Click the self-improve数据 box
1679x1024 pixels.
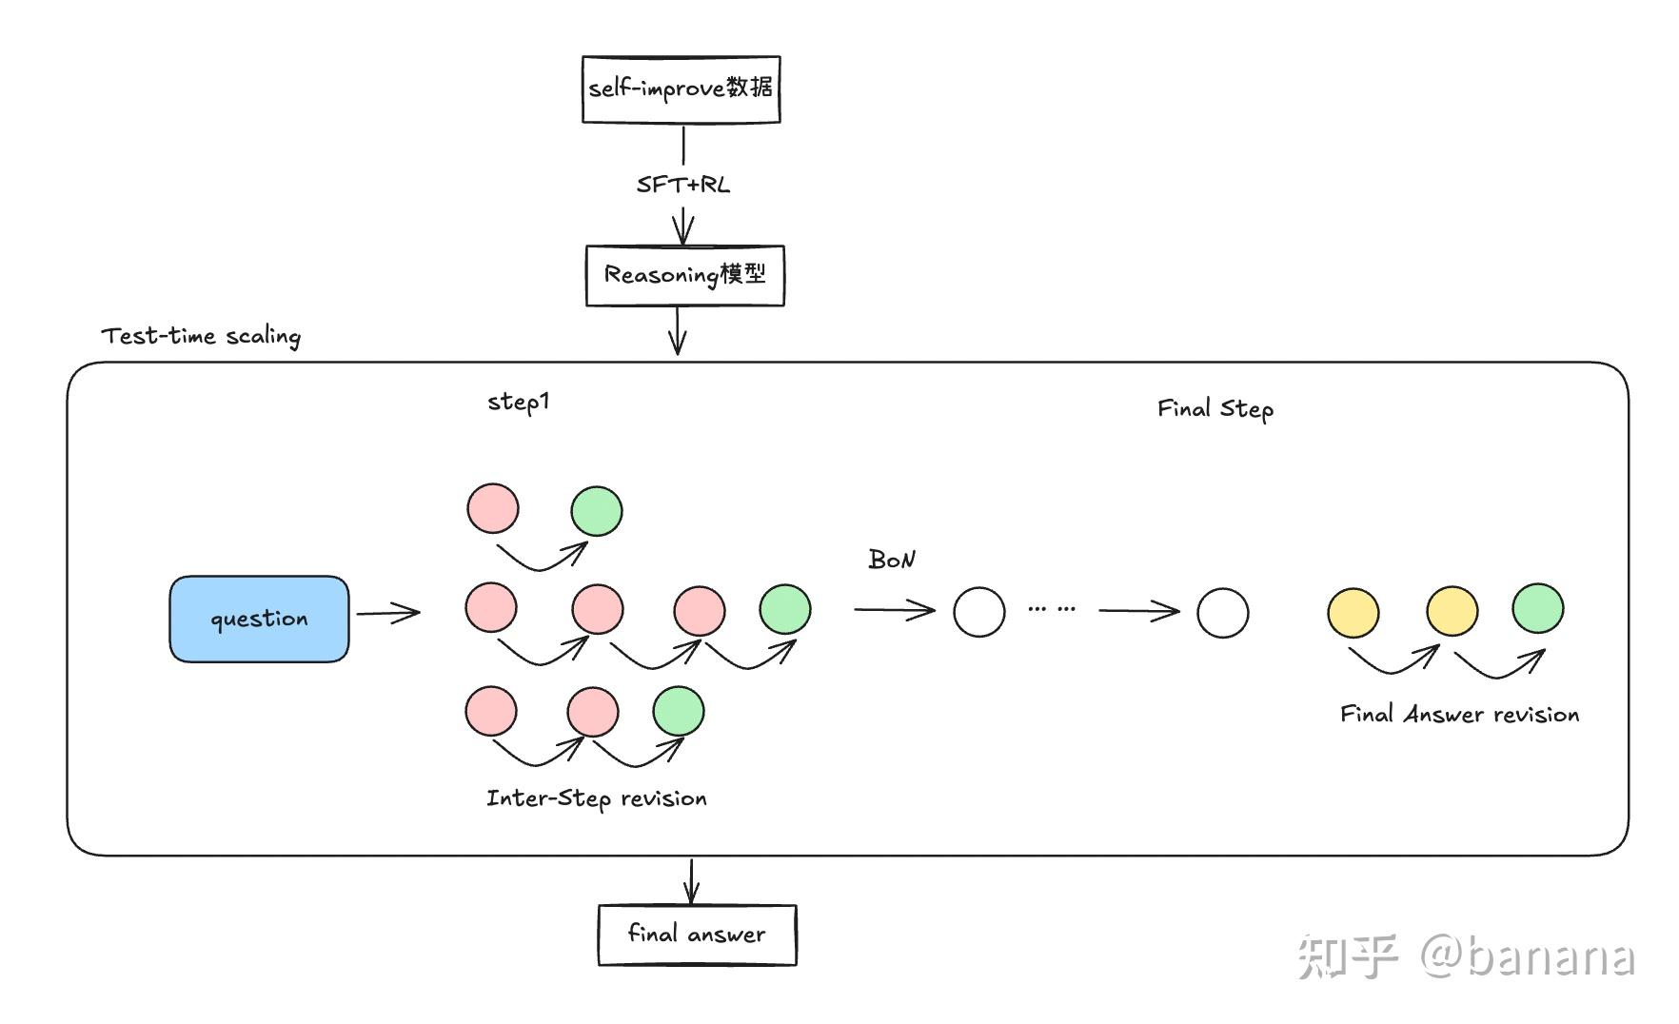[x=681, y=89]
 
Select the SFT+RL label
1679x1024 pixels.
[x=682, y=185]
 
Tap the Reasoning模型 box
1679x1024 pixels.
[x=684, y=276]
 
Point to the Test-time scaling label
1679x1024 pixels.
[x=201, y=336]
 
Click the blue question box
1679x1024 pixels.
[x=259, y=619]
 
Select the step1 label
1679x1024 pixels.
[x=518, y=402]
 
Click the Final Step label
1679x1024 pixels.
[x=1215, y=409]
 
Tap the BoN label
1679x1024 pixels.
[x=891, y=560]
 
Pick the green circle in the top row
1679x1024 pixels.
[x=597, y=511]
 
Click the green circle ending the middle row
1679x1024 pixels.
[x=785, y=610]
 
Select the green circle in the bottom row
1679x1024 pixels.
[x=679, y=711]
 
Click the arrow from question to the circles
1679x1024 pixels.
[x=388, y=613]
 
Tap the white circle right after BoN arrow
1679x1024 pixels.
[x=979, y=612]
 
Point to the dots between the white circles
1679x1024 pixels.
[x=1052, y=608]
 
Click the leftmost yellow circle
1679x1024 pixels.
[x=1353, y=613]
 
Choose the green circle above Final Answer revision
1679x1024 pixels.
[x=1538, y=609]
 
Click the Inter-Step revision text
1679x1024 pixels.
[x=597, y=798]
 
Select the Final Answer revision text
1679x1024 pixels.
[x=1459, y=715]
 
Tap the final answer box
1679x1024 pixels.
[x=697, y=935]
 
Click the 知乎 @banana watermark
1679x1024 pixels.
[x=1466, y=956]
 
